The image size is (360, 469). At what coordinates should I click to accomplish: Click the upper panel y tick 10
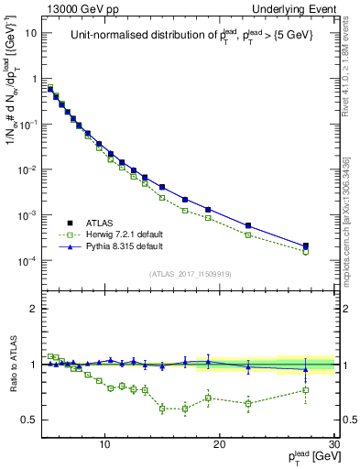pos(33,33)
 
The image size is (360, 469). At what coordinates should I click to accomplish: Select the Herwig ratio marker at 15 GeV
pos(162,409)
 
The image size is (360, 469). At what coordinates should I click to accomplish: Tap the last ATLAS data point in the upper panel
pos(306,245)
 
